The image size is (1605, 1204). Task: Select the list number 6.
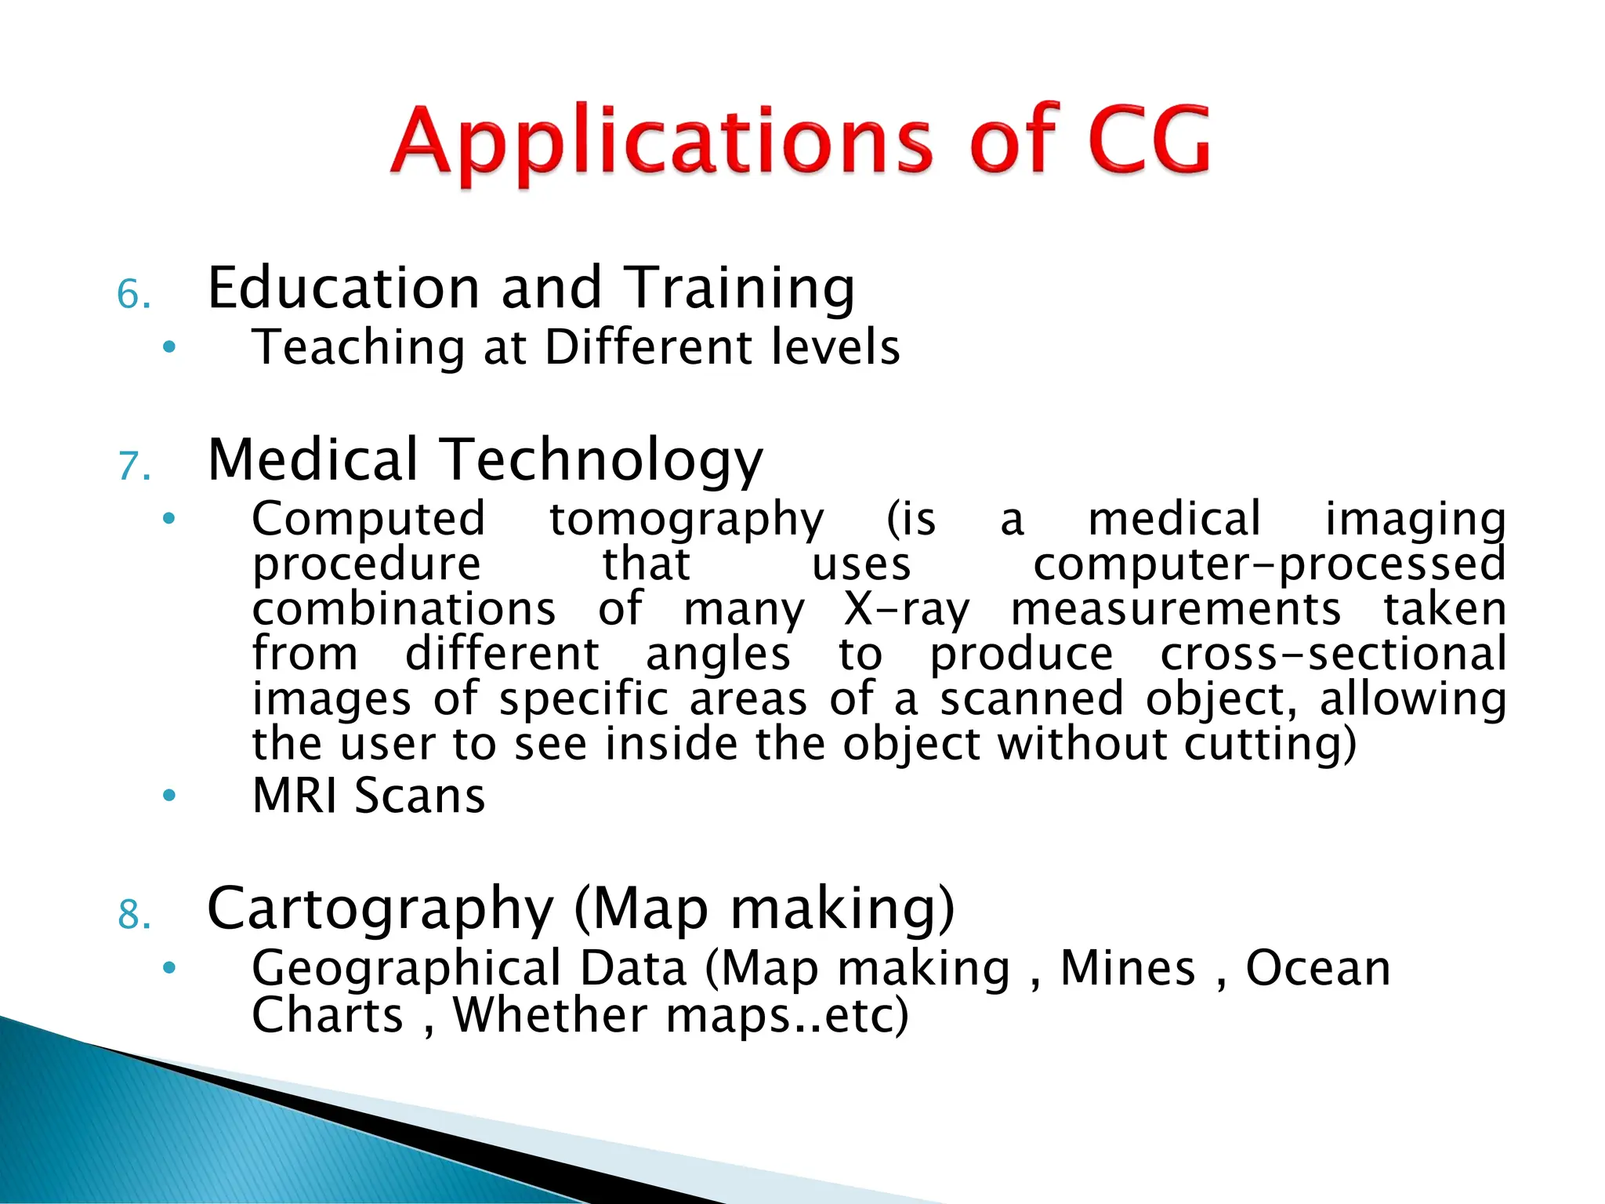pyautogui.click(x=133, y=296)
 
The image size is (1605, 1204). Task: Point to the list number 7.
pyautogui.click(x=133, y=466)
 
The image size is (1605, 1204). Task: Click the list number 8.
pyautogui.click(x=133, y=915)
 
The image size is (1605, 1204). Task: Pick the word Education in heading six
pyautogui.click(x=343, y=288)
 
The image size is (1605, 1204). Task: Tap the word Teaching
pyautogui.click(x=358, y=348)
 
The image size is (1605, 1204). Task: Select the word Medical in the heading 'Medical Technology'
pyautogui.click(x=313, y=459)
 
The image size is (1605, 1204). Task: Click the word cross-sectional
pyautogui.click(x=1332, y=655)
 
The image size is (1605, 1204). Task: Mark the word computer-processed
pyautogui.click(x=1269, y=565)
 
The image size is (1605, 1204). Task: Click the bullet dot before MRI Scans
pyautogui.click(x=168, y=796)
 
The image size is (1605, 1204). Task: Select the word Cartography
pyautogui.click(x=380, y=910)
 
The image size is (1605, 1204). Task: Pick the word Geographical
pyautogui.click(x=407, y=970)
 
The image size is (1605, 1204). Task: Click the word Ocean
pyautogui.click(x=1318, y=969)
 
